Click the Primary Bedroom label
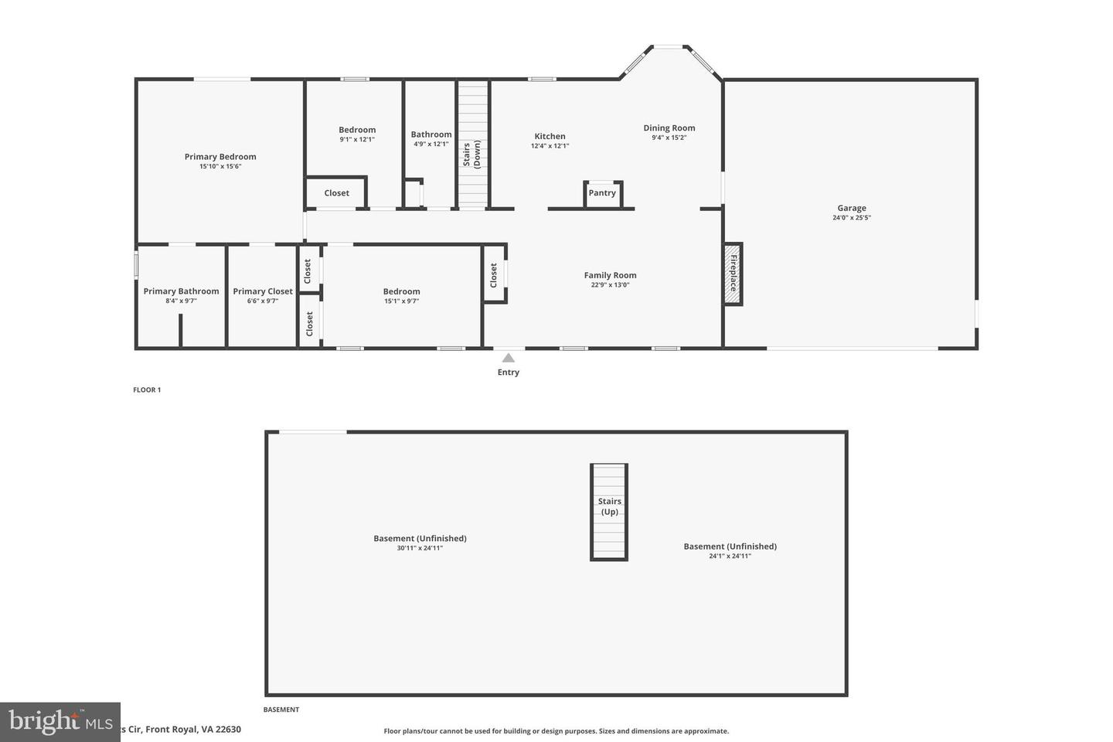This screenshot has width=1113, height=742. coord(220,157)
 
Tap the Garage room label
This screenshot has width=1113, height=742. coord(851,208)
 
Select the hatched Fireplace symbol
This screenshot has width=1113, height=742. coord(732,274)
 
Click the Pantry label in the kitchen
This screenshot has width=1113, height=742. coord(602,193)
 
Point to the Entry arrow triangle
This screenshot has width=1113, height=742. coord(508,358)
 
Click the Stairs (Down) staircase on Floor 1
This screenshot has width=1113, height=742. coord(472,144)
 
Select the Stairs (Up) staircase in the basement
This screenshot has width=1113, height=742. coord(609,512)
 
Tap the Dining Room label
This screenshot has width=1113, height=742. coord(669,128)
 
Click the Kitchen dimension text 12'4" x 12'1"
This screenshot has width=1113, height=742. coord(550,146)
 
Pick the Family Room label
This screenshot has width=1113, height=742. coord(610,275)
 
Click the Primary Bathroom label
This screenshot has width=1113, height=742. coord(181,291)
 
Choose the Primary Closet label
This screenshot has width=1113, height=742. coord(263,291)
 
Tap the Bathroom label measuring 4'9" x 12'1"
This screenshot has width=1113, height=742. coord(431,134)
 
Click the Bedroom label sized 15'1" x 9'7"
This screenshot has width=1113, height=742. coord(401,291)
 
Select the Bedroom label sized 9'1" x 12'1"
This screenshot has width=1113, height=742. coord(357,130)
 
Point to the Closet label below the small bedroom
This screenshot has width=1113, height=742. coord(336,193)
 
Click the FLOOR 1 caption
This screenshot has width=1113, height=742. coord(147,390)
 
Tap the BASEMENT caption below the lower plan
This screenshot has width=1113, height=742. coord(281,710)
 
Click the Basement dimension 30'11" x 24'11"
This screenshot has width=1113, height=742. coord(420,548)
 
